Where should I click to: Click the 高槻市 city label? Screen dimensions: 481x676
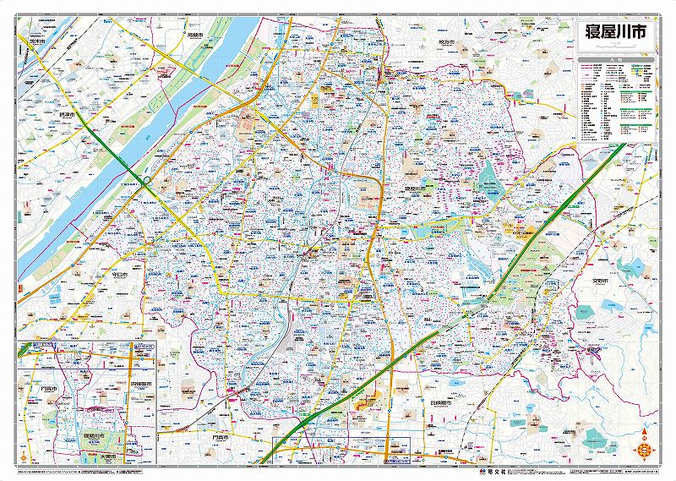tap(197, 36)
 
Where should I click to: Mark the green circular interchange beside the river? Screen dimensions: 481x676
tap(148, 180)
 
